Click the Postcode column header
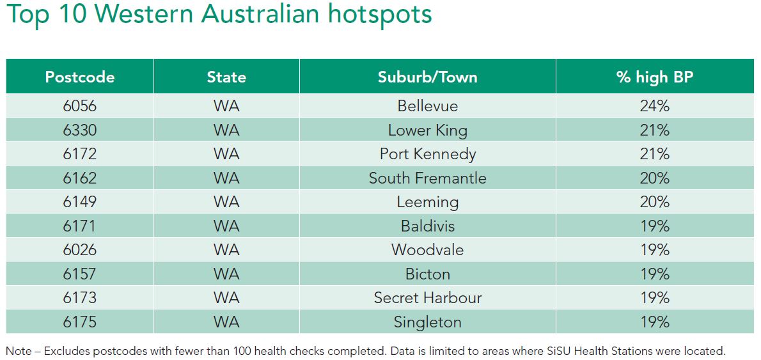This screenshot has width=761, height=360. click(80, 77)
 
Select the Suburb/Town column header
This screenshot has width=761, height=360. click(428, 77)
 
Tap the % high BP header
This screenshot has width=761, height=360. click(655, 77)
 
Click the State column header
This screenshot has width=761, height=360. click(226, 77)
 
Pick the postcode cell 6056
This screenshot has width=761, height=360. click(80, 106)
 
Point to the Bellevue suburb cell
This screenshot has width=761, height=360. click(428, 106)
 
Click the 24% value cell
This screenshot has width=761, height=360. click(655, 106)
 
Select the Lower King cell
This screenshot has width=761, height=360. click(428, 130)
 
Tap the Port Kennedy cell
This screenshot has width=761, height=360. click(428, 154)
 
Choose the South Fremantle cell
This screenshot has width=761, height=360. click(428, 178)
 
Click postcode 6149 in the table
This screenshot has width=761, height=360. click(80, 202)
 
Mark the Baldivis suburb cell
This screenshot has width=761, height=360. click(428, 226)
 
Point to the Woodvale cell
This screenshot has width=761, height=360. click(428, 250)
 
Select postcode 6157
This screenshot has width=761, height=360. click(80, 274)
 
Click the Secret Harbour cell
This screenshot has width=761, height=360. click(428, 298)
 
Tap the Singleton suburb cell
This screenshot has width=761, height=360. click(428, 322)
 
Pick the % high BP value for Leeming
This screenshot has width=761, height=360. click(655, 202)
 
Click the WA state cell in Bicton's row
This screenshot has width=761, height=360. click(226, 274)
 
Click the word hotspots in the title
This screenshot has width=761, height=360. click(379, 15)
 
